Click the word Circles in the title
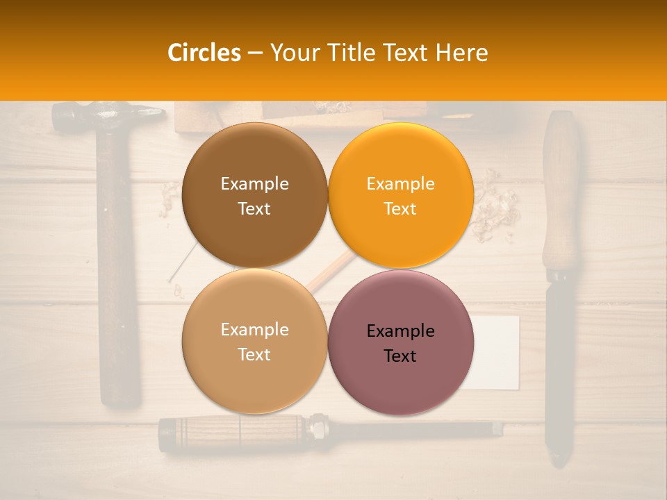tap(204, 53)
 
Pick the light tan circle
tap(254, 378)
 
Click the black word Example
tap(400, 331)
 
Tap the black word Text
tap(400, 356)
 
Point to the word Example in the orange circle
tap(400, 184)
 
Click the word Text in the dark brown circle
tap(254, 209)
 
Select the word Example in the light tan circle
tap(254, 330)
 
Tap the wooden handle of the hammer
tap(118, 278)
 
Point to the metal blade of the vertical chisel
tap(560, 368)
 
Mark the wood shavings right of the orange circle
tap(495, 208)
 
